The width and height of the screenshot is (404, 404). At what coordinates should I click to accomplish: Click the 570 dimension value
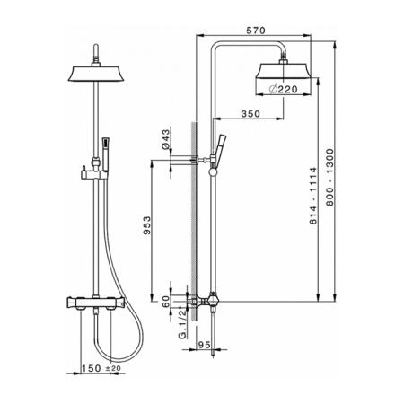point(256,31)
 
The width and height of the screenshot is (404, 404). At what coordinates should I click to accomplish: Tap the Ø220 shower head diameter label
point(284,89)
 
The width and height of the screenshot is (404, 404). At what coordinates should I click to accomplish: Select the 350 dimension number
point(250,114)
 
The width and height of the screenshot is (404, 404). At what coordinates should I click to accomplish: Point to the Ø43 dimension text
point(165,139)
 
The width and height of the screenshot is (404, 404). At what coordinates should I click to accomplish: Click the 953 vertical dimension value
point(147,225)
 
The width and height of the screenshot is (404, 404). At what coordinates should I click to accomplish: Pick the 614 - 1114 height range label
point(312,196)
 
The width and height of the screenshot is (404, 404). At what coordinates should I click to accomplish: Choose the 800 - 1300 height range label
point(329,177)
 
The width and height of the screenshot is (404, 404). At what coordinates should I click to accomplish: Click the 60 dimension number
point(165,302)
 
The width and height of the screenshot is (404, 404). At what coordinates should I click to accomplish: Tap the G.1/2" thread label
point(182,324)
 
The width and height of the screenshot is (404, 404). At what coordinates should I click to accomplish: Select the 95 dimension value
point(205,345)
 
